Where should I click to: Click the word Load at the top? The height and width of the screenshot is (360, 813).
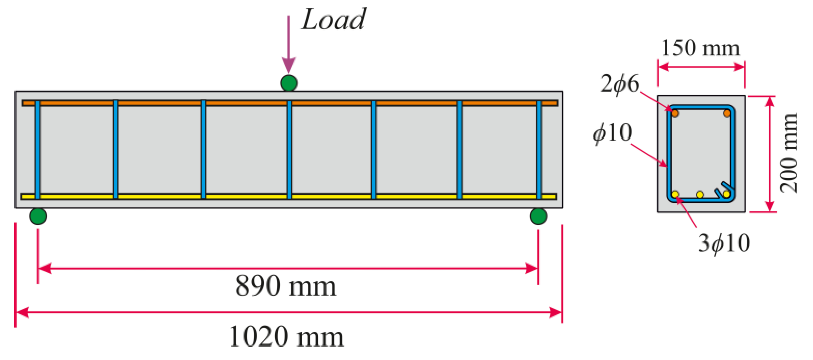pyautogui.click(x=334, y=20)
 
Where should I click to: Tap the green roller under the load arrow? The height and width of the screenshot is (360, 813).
pyautogui.click(x=289, y=83)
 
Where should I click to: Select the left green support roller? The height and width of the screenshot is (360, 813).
pyautogui.click(x=38, y=216)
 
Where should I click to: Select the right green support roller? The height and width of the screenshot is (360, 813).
pyautogui.click(x=538, y=216)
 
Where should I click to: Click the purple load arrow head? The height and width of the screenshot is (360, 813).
pyautogui.click(x=289, y=65)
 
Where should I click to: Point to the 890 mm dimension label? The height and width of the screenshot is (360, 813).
pyautogui.click(x=286, y=286)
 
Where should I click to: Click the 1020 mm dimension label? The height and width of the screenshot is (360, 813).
pyautogui.click(x=286, y=337)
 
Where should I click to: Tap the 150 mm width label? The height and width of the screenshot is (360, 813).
pyautogui.click(x=700, y=48)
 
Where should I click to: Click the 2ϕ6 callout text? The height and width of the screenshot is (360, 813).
pyautogui.click(x=620, y=84)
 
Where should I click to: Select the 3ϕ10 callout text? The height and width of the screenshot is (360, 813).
pyautogui.click(x=724, y=243)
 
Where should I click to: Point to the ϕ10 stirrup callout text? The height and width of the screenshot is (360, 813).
pyautogui.click(x=613, y=133)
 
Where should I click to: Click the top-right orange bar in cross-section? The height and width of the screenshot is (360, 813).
pyautogui.click(x=727, y=113)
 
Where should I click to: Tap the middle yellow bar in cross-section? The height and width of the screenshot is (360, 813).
pyautogui.click(x=700, y=195)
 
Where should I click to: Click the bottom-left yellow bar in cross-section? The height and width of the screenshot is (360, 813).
pyautogui.click(x=675, y=194)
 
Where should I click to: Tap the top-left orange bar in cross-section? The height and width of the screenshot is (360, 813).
pyautogui.click(x=675, y=113)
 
